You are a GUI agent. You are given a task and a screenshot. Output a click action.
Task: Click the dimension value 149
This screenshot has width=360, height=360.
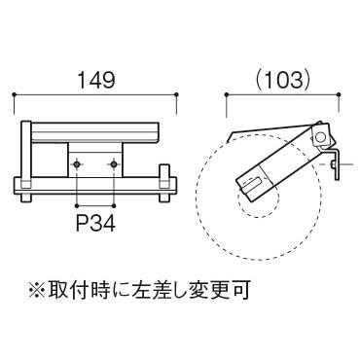[x=97, y=80]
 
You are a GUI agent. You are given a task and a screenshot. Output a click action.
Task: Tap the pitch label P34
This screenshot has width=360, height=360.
[x=95, y=223]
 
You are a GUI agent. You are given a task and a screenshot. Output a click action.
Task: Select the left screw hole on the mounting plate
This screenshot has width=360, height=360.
[x=77, y=164]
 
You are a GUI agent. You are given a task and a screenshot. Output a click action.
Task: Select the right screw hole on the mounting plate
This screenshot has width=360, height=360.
[x=114, y=164]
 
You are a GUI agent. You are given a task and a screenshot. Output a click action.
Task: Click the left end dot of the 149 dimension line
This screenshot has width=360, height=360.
[x=14, y=94]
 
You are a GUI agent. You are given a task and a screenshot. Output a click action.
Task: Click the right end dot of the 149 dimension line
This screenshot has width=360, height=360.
[x=176, y=94]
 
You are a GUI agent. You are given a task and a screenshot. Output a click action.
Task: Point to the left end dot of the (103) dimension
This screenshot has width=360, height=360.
[x=227, y=94]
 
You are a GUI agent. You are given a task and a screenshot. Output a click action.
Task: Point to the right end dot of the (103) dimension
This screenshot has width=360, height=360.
[x=339, y=94]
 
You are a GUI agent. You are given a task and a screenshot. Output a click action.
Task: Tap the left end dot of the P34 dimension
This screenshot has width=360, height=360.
[x=77, y=205]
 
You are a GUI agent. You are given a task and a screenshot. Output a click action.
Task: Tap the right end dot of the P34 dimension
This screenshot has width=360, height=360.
[x=114, y=205]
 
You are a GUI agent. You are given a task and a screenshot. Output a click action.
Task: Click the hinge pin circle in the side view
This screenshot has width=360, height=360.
[x=320, y=138]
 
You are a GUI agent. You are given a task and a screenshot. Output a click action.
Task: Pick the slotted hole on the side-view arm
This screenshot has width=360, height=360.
[x=252, y=184]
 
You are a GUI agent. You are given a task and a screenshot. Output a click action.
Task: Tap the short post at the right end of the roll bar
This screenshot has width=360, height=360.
[x=164, y=183]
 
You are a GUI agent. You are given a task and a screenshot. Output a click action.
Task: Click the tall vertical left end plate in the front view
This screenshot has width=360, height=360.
[x=26, y=162]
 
